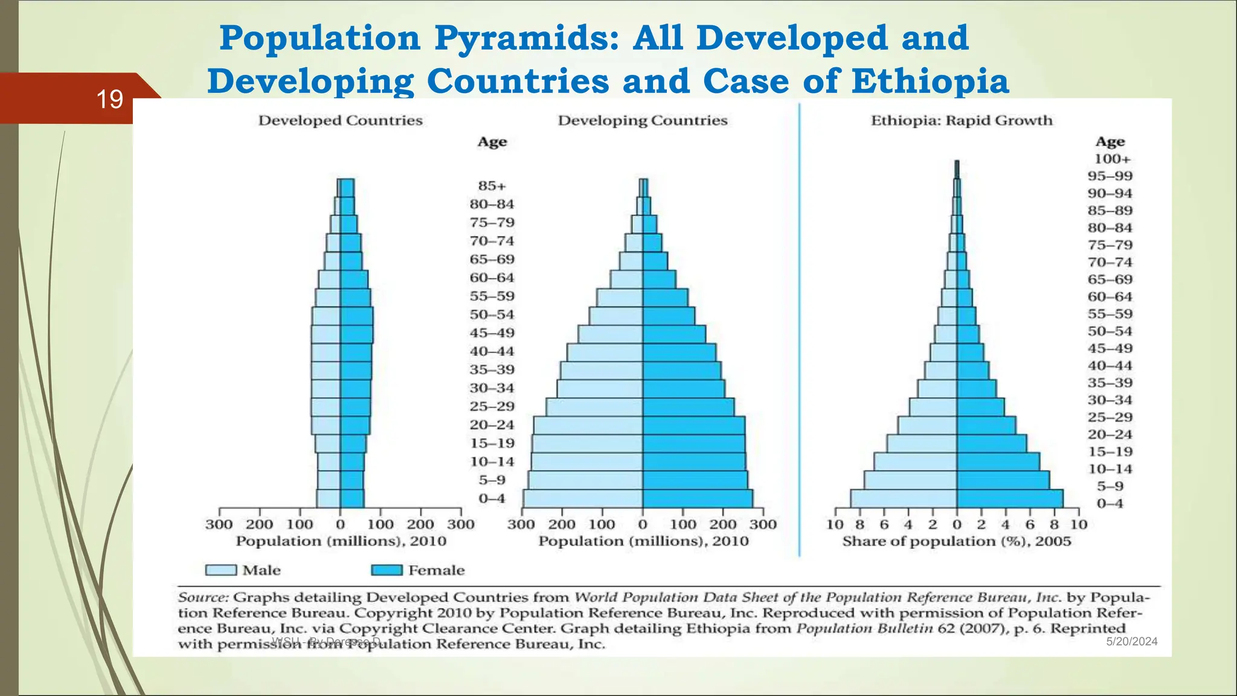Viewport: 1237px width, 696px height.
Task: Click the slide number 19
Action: (x=109, y=99)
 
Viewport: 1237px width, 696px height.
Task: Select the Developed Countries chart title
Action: (x=340, y=120)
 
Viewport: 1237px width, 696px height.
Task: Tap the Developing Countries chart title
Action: (x=642, y=120)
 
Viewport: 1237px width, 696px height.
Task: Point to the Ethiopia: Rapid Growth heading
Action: (x=961, y=120)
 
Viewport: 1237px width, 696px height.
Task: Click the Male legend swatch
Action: (x=220, y=570)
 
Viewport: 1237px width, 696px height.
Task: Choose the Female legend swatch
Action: (x=387, y=570)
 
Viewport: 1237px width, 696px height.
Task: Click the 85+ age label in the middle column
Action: (x=492, y=186)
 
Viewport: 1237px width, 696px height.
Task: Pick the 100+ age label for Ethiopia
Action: (x=1112, y=159)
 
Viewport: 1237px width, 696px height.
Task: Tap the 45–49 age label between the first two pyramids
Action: (x=492, y=333)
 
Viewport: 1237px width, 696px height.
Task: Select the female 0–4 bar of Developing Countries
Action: (x=698, y=498)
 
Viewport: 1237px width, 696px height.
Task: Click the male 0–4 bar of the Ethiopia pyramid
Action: (x=904, y=498)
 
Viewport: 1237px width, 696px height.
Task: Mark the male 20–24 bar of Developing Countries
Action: (x=588, y=425)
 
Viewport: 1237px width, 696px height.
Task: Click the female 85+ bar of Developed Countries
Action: (x=347, y=187)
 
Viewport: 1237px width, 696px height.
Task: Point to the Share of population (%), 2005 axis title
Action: (x=956, y=541)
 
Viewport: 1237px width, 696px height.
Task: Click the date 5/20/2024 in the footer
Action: (x=1131, y=642)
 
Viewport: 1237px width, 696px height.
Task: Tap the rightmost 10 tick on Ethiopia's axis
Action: (x=1079, y=524)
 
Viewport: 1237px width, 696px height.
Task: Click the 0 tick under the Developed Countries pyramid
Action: (x=340, y=524)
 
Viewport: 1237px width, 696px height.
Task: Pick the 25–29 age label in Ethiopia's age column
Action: (x=1110, y=417)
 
